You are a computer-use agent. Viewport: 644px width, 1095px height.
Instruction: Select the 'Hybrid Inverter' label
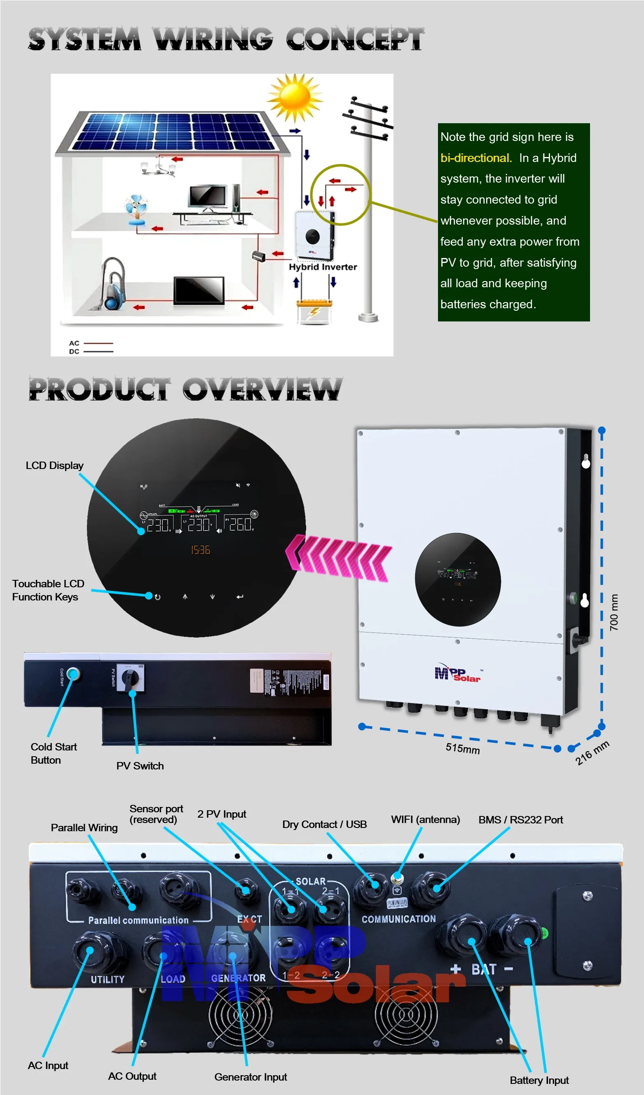coord(323,267)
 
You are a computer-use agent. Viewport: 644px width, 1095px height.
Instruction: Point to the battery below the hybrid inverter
coord(314,310)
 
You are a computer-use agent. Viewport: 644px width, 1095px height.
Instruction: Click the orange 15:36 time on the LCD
coord(200,550)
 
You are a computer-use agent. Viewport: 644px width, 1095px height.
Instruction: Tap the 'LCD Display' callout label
coord(54,465)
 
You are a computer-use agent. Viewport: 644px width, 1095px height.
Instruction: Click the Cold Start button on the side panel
coord(73,673)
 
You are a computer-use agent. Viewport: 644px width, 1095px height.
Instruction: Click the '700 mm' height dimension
coord(613,612)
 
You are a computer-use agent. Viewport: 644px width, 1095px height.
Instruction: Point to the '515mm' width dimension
coord(462,748)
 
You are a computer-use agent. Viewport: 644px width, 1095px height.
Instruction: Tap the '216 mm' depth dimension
coord(592,753)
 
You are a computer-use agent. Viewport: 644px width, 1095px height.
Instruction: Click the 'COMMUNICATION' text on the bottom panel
coord(398,919)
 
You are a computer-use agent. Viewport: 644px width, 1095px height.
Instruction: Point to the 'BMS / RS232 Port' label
coord(520,820)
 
